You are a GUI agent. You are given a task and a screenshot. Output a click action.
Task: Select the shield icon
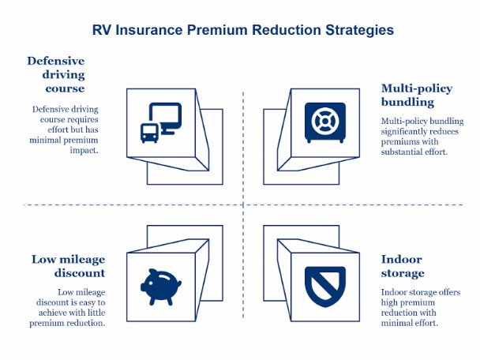coord(325,285)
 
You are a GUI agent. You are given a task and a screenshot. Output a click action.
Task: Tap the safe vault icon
coord(325,122)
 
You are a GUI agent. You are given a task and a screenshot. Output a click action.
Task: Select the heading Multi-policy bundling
coord(418,95)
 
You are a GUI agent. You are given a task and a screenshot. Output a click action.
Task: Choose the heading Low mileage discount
coord(68,265)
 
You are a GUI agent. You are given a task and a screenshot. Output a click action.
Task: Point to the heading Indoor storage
coord(403,266)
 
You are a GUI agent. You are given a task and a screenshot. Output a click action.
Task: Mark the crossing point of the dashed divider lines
coord(243,205)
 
